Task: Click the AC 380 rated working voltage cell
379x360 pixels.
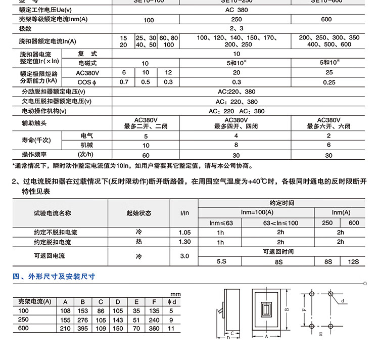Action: (x=237, y=10)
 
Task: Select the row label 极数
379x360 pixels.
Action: (x=26, y=28)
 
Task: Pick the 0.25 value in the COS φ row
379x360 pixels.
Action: (x=329, y=82)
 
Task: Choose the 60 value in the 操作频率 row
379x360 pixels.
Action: (x=146, y=155)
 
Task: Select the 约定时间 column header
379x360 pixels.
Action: (x=281, y=203)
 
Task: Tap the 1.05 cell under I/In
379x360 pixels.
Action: (x=185, y=233)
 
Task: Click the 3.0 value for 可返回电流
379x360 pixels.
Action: (x=185, y=256)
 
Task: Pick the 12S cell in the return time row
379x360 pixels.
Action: (x=353, y=261)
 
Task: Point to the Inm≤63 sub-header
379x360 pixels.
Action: (x=221, y=223)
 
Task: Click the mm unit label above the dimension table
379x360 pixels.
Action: (x=175, y=294)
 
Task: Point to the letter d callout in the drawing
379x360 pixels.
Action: (x=342, y=301)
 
